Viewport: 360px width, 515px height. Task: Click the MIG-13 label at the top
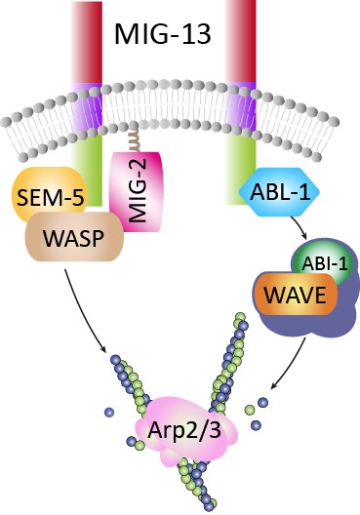[x=162, y=34]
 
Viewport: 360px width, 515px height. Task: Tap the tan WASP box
[x=74, y=237]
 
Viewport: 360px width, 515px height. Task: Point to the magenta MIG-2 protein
[x=137, y=192]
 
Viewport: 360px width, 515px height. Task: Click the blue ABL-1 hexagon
[x=280, y=192]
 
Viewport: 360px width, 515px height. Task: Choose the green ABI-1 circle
[x=323, y=263]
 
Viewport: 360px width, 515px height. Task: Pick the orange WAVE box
[x=295, y=295]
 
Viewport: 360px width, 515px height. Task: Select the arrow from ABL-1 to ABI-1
[x=299, y=227]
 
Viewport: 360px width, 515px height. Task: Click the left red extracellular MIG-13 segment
[x=87, y=42]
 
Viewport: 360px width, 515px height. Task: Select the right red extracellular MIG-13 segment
[x=241, y=41]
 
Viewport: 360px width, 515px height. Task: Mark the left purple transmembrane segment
[x=87, y=106]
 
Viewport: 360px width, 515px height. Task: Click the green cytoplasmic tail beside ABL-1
[x=241, y=169]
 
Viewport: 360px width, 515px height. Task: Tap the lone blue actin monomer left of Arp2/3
[x=109, y=412]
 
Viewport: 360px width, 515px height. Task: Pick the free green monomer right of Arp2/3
[x=250, y=410]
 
